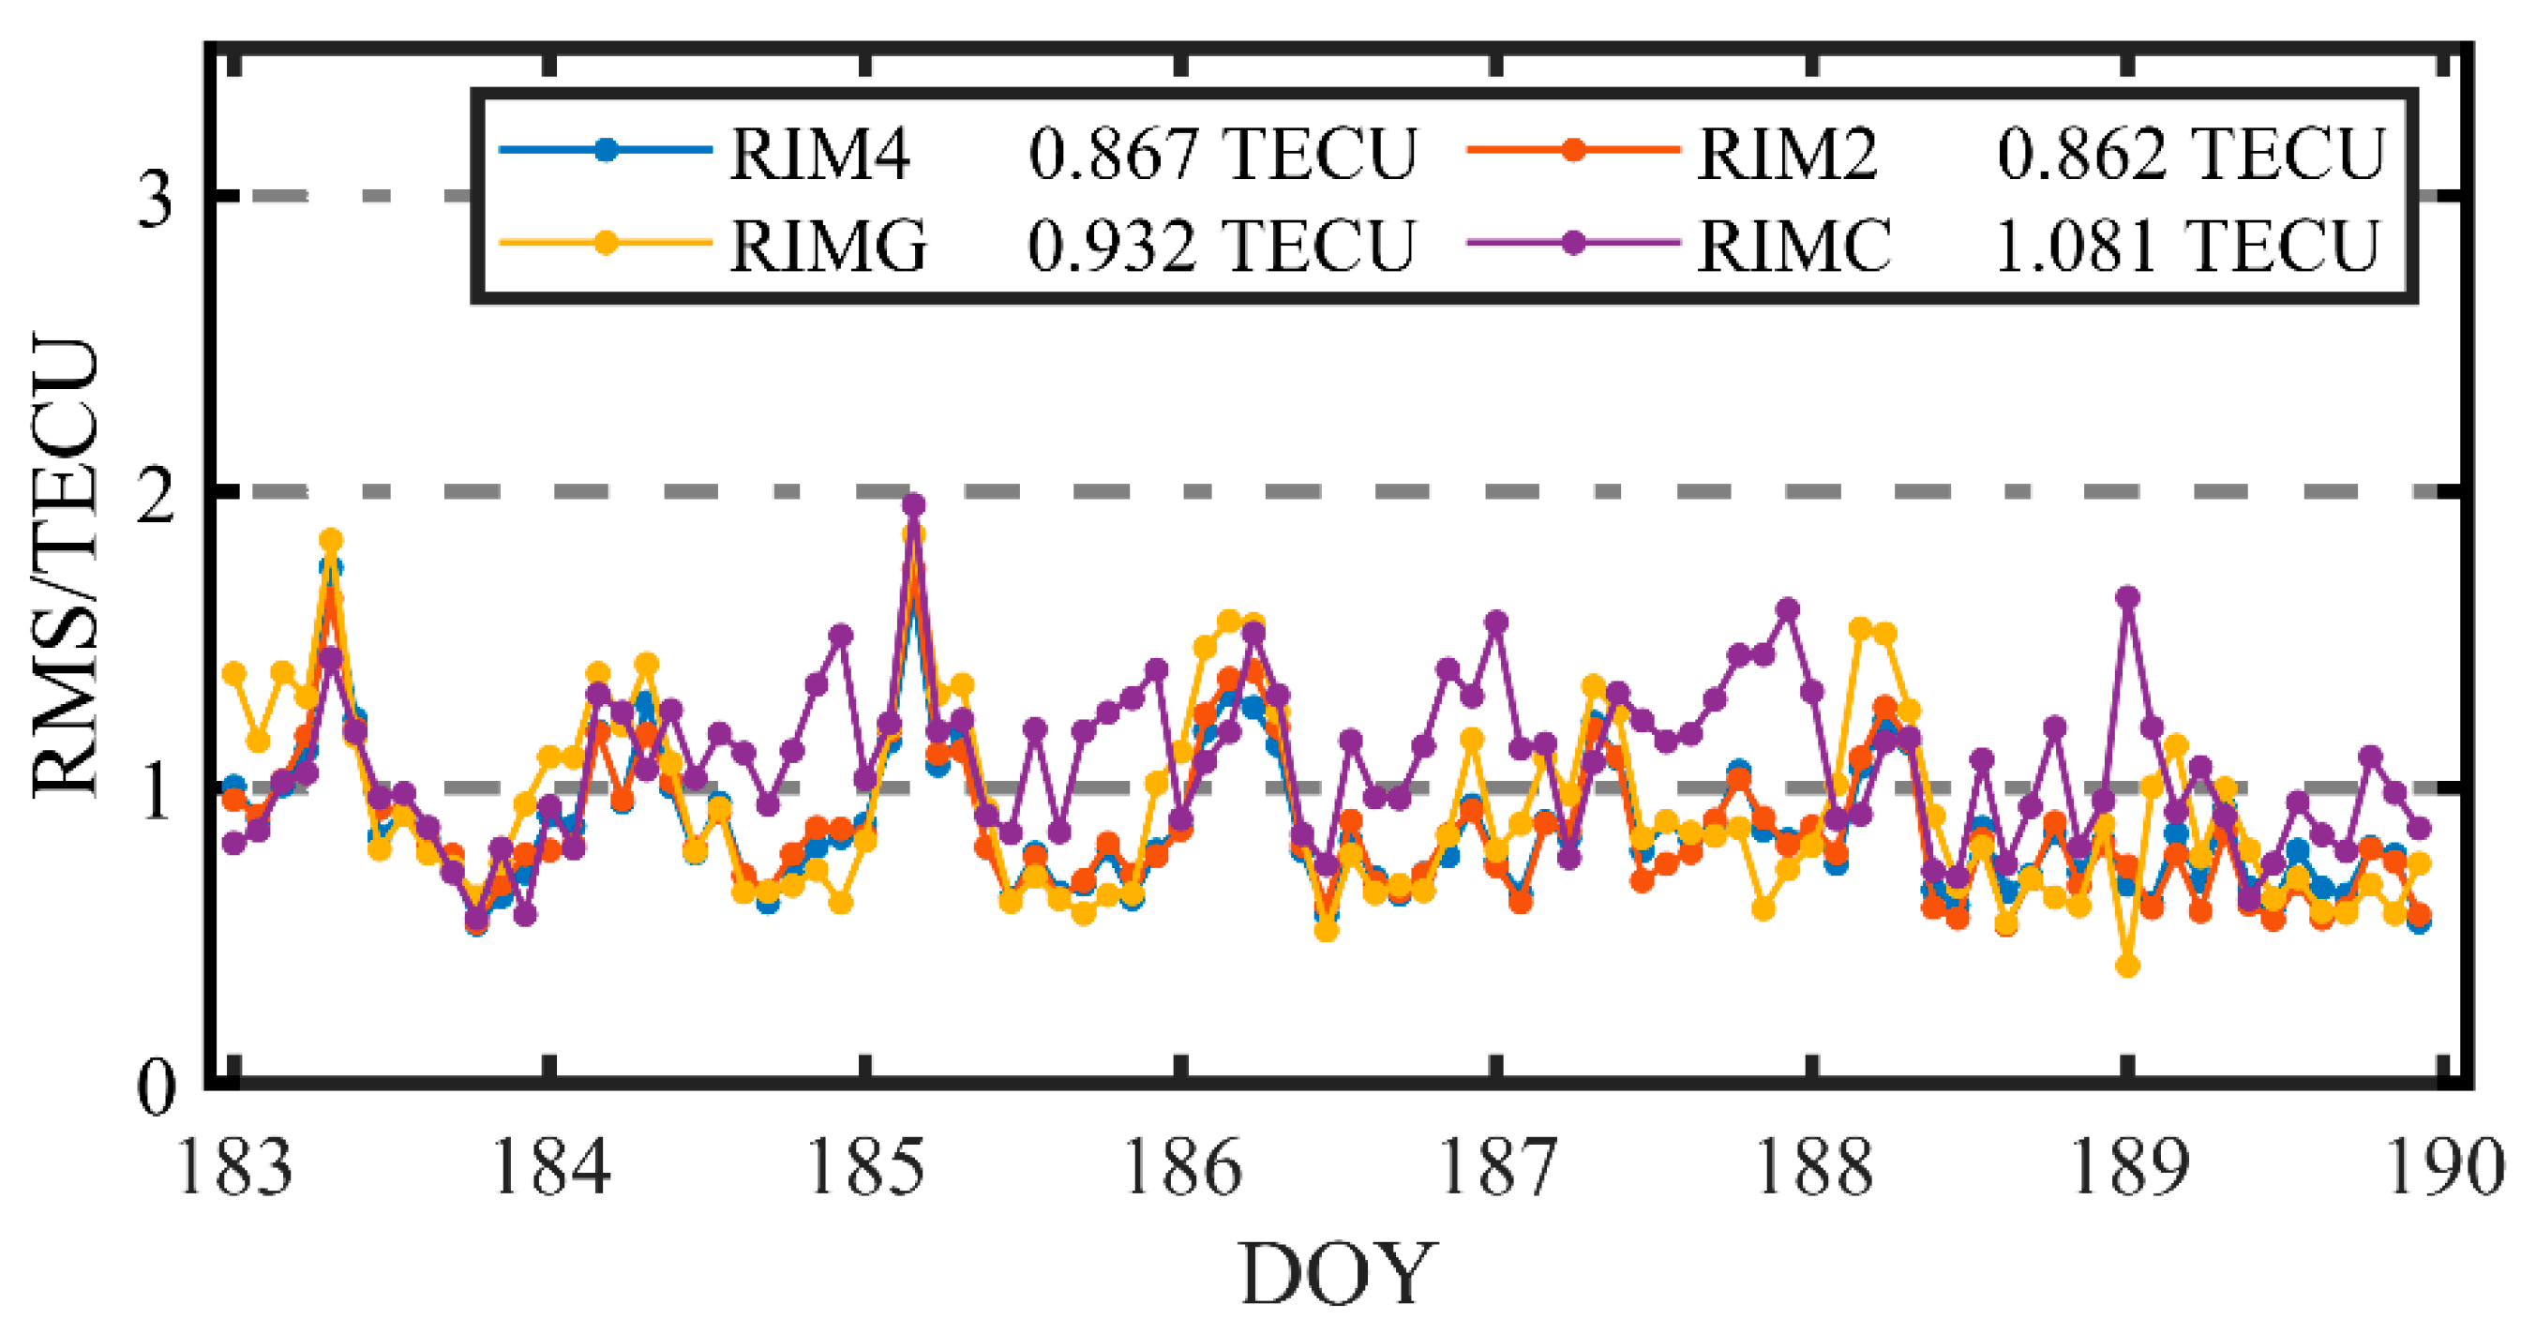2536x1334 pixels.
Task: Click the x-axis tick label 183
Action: tap(234, 1166)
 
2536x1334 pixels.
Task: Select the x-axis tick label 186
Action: tap(1181, 1166)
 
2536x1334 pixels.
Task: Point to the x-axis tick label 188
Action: tap(1813, 1166)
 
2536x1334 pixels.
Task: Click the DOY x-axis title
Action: tap(1338, 1276)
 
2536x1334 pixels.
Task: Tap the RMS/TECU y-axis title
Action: tap(67, 566)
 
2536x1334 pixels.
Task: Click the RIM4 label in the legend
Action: tap(819, 155)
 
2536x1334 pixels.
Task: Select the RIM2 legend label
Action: tap(1787, 155)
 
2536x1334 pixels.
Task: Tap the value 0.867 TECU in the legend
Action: tap(1222, 155)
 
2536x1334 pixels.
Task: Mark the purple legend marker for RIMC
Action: tap(1573, 242)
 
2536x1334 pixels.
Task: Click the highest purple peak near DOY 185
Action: tap(913, 505)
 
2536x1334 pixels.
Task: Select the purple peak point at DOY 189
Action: tap(2128, 597)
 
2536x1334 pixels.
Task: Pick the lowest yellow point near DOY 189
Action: tap(2127, 966)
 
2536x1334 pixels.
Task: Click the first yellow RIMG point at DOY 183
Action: tap(234, 673)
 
